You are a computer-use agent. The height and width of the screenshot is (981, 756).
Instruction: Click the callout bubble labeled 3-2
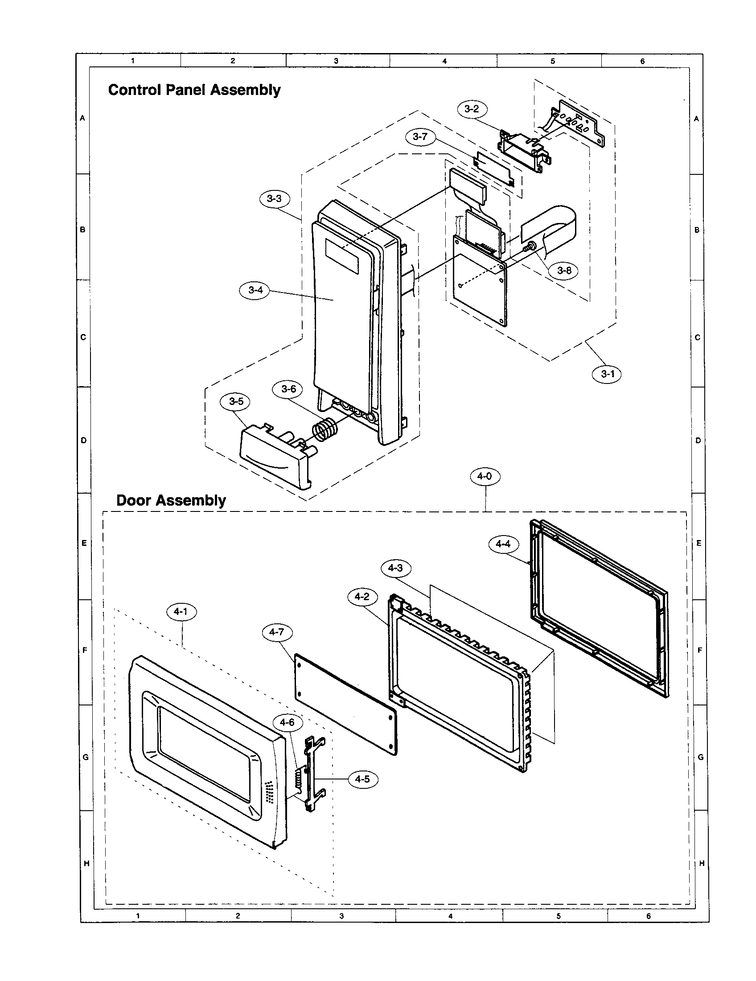pyautogui.click(x=472, y=109)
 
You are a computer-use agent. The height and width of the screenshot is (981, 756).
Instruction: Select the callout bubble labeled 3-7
pyautogui.click(x=420, y=137)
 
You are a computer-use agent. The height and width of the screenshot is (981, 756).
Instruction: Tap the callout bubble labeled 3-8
pyautogui.click(x=564, y=270)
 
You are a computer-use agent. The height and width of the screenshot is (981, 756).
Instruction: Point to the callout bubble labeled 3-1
pyautogui.click(x=607, y=374)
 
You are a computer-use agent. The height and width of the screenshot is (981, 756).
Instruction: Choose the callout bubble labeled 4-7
pyautogui.click(x=276, y=632)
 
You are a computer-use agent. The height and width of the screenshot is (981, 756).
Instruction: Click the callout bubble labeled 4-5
pyautogui.click(x=362, y=779)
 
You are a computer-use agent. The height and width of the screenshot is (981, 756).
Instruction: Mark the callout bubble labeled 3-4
pyautogui.click(x=255, y=290)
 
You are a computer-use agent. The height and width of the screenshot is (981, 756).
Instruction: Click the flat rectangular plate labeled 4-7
pyautogui.click(x=345, y=703)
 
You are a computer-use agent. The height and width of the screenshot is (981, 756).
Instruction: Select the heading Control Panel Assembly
pyautogui.click(x=194, y=90)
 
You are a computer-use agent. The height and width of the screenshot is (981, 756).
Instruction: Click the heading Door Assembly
pyautogui.click(x=171, y=500)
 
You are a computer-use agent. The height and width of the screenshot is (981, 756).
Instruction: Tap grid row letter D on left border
pyautogui.click(x=83, y=441)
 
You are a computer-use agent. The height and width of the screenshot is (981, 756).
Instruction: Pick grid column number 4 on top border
pyautogui.click(x=444, y=61)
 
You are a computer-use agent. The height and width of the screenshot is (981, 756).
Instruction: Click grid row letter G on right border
pyautogui.click(x=701, y=757)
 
